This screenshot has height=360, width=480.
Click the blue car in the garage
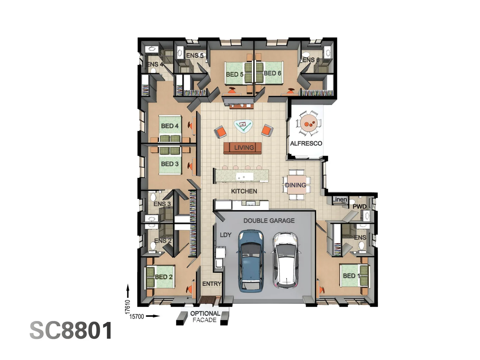(x=251, y=261)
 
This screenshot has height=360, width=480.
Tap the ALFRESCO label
(x=306, y=143)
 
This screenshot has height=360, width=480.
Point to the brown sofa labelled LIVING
(x=243, y=148)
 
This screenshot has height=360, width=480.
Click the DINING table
(x=297, y=185)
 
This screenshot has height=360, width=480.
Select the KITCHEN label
(x=244, y=191)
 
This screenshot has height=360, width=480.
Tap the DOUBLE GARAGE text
(x=269, y=221)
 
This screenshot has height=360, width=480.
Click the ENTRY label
(x=212, y=284)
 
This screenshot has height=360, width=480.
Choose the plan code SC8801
(x=71, y=330)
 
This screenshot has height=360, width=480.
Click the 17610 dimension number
(x=128, y=307)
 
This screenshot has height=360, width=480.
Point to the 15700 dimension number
(x=137, y=317)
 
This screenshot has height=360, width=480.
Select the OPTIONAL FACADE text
(x=205, y=317)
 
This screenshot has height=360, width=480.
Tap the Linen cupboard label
(x=339, y=199)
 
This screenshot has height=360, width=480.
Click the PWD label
(x=360, y=207)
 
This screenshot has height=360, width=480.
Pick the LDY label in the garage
(x=225, y=235)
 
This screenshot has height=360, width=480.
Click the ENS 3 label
(x=162, y=204)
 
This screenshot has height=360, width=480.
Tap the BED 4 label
(x=170, y=126)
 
